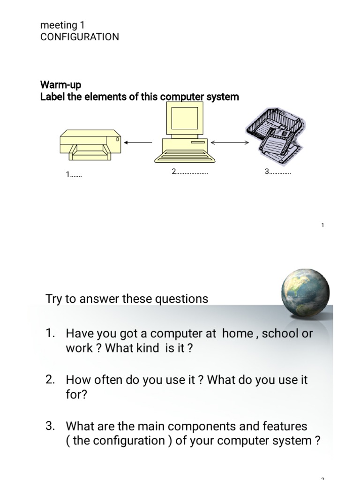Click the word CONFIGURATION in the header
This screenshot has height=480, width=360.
pos(80,37)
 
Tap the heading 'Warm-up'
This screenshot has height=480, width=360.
pos(60,85)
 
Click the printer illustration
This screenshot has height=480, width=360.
pos(90,142)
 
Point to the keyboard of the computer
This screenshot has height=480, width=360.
pos(186,155)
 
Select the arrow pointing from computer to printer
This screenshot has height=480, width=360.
pos(140,142)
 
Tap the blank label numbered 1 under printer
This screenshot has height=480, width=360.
pos(74,175)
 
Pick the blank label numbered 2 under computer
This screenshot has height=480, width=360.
pos(190,172)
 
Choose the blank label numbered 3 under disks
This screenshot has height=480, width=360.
pos(278,172)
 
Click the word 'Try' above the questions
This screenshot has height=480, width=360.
pos(53,299)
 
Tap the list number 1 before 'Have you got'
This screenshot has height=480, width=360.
pos(51,333)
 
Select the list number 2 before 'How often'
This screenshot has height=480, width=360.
pos(51,380)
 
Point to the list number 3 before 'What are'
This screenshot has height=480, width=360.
pos(51,426)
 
